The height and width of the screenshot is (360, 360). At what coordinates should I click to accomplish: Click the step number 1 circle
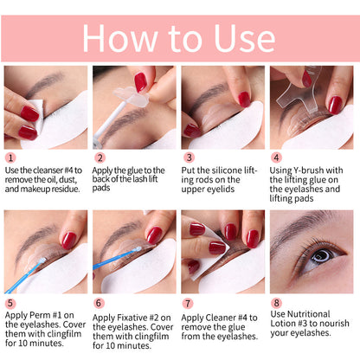coord(10,158)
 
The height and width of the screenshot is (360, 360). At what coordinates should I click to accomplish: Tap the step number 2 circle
coord(99,158)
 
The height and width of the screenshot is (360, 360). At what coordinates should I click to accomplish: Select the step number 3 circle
coord(188,158)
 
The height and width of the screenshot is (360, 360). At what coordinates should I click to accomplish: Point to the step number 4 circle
coord(277,158)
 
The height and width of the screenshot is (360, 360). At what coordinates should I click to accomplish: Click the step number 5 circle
coord(10,304)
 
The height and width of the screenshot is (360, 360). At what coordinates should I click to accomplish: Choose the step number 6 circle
coord(99,304)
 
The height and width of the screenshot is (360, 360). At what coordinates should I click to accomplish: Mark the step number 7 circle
coord(188,304)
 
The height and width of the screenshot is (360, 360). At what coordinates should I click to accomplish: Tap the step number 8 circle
coord(277,304)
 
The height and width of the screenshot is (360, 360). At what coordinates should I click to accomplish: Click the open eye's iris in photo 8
coord(318,257)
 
